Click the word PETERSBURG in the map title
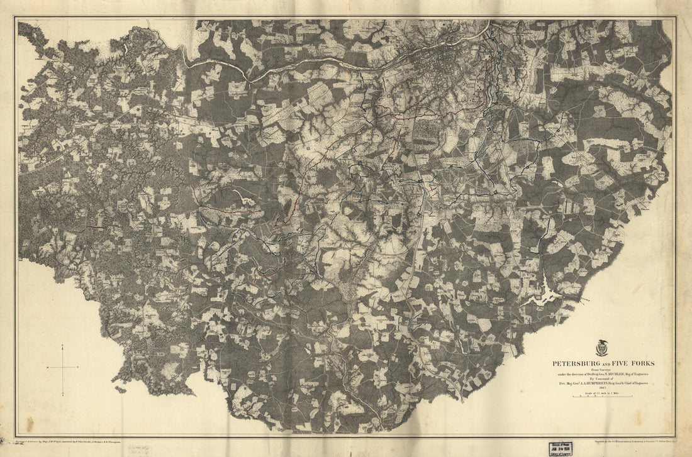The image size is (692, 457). (576, 363)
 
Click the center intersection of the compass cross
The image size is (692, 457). (63, 367)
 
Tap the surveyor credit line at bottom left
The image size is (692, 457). (75, 443)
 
